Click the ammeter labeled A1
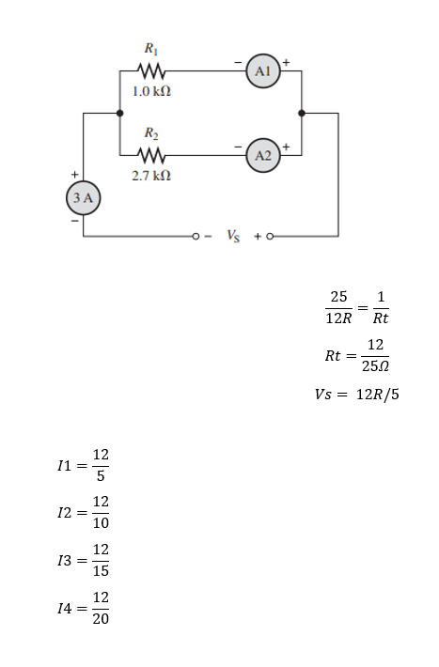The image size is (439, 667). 263,71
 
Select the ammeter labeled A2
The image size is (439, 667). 263,155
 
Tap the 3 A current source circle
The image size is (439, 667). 83,198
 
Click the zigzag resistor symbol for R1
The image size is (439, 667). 150,71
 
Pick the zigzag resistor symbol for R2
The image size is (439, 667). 150,155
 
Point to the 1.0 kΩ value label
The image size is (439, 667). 151,91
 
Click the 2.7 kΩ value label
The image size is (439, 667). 151,176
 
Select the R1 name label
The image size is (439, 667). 151,49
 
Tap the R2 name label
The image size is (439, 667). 151,133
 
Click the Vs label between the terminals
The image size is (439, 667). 233,236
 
